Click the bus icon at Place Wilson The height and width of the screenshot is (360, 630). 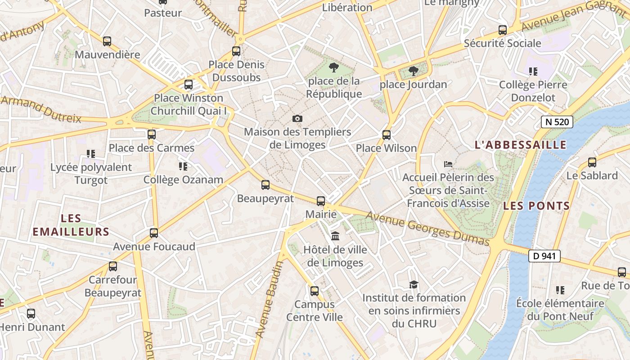[x=386, y=135]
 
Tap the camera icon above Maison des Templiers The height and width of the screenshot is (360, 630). [x=297, y=118]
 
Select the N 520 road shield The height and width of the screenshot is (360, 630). [x=557, y=121]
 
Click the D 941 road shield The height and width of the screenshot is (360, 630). [x=544, y=256]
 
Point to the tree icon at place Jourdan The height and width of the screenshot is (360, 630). [x=413, y=71]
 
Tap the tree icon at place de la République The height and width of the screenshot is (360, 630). [x=333, y=67]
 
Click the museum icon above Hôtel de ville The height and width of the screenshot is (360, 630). [x=335, y=236]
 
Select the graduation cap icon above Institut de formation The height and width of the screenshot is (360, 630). [x=414, y=284]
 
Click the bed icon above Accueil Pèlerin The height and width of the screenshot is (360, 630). [x=448, y=164]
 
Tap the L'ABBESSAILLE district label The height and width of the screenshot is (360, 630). [x=520, y=145]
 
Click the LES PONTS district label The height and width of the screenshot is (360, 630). [x=536, y=206]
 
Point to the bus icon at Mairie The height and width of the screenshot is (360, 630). [x=320, y=201]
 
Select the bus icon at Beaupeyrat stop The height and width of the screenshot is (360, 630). [x=265, y=184]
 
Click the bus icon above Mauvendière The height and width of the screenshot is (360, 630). [x=107, y=41]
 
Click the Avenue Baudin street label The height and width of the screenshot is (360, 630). [x=269, y=299]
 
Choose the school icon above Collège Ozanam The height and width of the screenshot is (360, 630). [x=183, y=166]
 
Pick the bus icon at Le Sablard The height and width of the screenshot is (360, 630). [x=592, y=162]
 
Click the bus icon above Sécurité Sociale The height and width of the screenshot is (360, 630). [x=502, y=30]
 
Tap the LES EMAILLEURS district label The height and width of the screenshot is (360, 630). [x=71, y=225]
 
